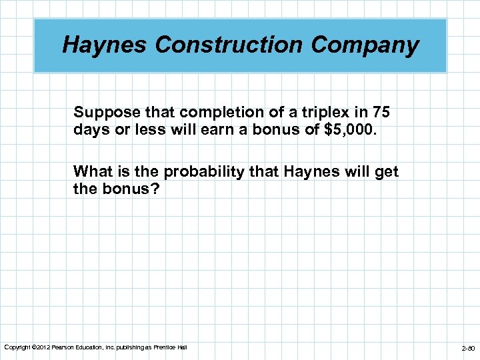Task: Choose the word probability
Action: (206, 172)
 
